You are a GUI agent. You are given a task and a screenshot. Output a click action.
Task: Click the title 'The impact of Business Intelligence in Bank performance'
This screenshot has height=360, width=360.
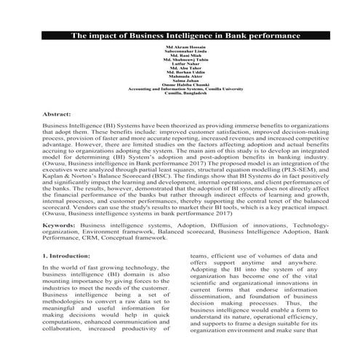(180, 35)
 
